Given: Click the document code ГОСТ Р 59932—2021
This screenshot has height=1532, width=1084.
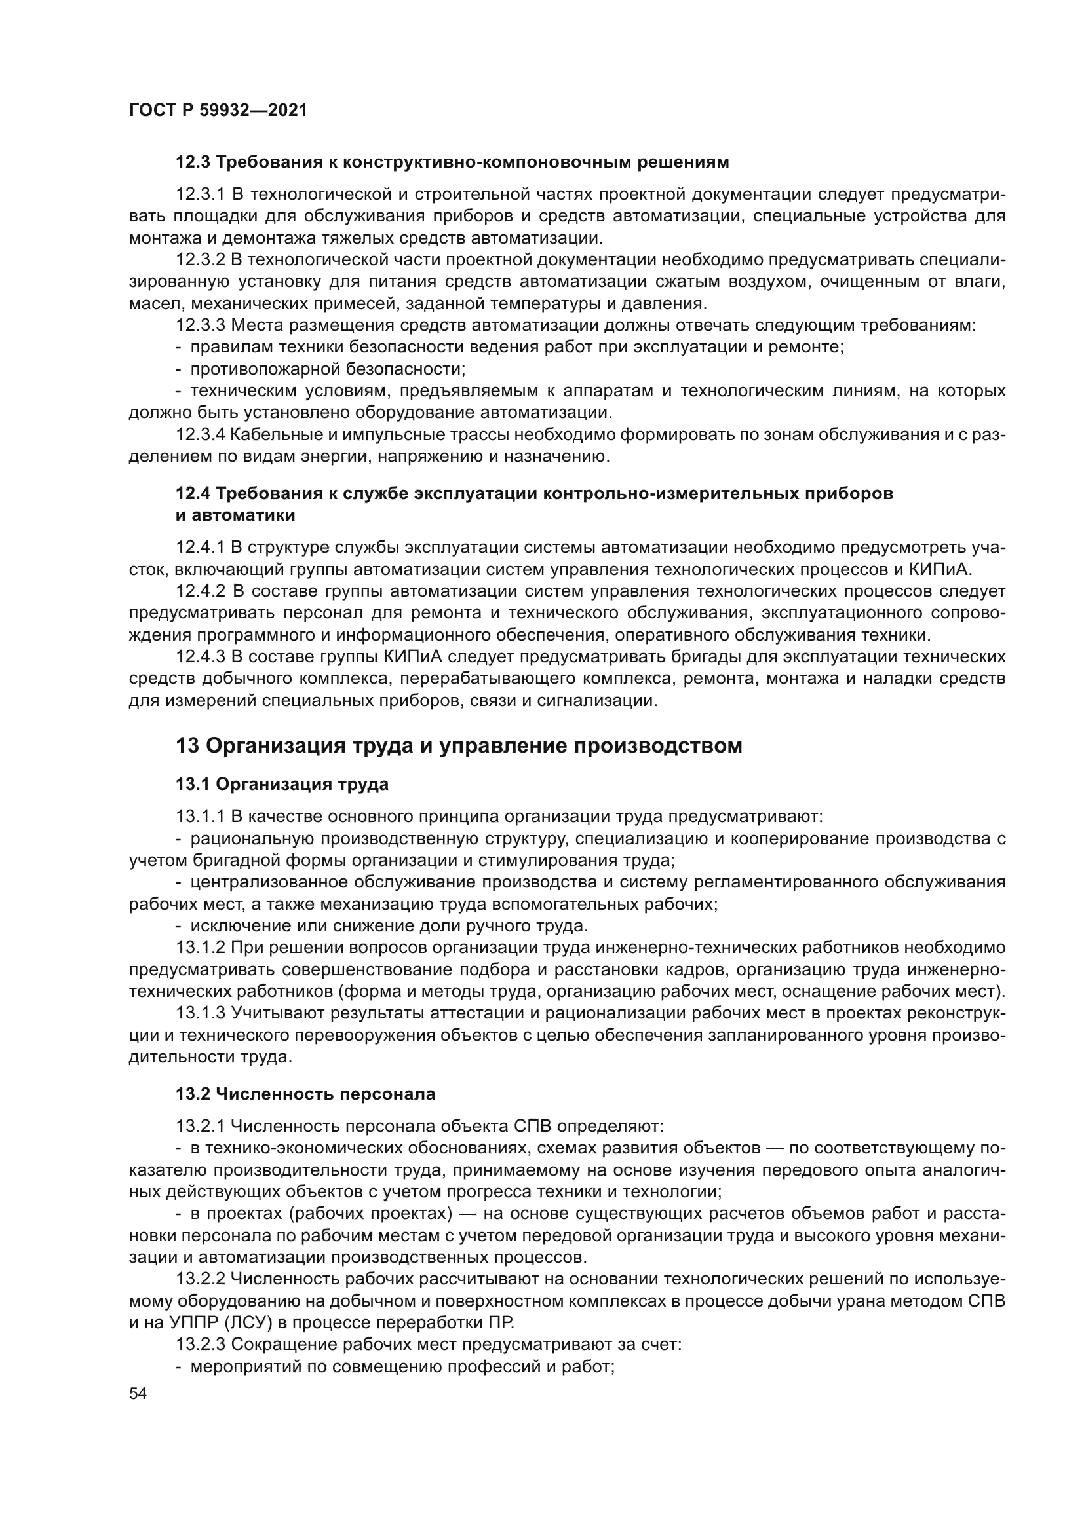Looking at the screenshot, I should [x=218, y=111].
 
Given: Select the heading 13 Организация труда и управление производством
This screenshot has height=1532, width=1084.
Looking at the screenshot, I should [x=459, y=745].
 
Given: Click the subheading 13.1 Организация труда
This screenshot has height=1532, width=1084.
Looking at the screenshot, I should [x=282, y=784].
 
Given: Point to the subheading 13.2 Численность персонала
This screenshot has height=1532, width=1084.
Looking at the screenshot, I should [x=305, y=1094].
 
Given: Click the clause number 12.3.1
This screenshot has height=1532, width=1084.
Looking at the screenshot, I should [x=201, y=194].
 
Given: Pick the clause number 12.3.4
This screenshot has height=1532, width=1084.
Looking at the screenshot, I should [x=201, y=435].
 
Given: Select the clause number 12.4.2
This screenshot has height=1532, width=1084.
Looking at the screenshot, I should [x=201, y=591].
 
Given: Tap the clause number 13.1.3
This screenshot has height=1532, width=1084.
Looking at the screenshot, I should [x=201, y=1013].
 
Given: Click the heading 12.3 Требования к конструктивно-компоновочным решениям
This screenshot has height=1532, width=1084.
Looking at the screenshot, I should [x=452, y=162].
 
